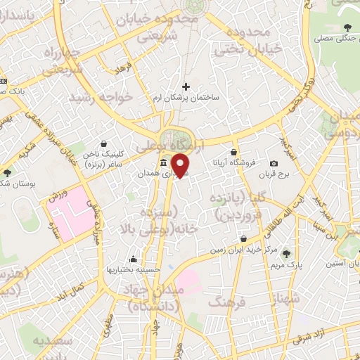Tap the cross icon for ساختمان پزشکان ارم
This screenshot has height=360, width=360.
(186, 86)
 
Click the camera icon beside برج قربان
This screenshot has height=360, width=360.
(274, 162)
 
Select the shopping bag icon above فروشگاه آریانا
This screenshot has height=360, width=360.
(233, 151)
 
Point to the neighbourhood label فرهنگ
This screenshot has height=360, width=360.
(226, 302)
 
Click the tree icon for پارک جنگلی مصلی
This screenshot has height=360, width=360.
(347, 28)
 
